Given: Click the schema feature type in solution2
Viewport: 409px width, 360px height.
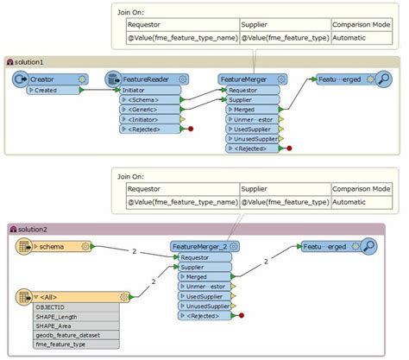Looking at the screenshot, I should click(53, 246).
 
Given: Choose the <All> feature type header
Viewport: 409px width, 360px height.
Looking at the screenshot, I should click(52, 297).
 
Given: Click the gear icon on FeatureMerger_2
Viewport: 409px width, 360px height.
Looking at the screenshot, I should click(234, 246).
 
